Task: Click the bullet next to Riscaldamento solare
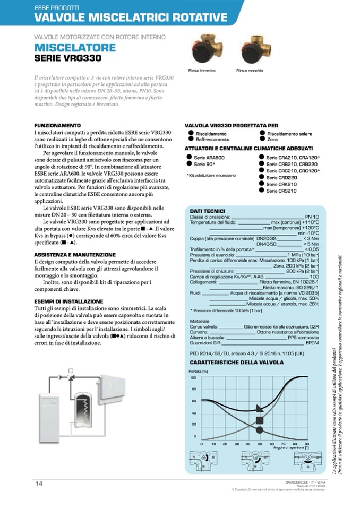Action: point(262,133)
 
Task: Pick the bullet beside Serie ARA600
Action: point(189,158)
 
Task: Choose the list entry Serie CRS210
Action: point(281,191)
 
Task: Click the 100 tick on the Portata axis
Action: point(193,377)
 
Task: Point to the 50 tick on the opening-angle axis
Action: point(260,443)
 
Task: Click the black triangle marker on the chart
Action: point(259,408)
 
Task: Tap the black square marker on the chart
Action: point(260,420)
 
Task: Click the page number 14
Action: point(39,482)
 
